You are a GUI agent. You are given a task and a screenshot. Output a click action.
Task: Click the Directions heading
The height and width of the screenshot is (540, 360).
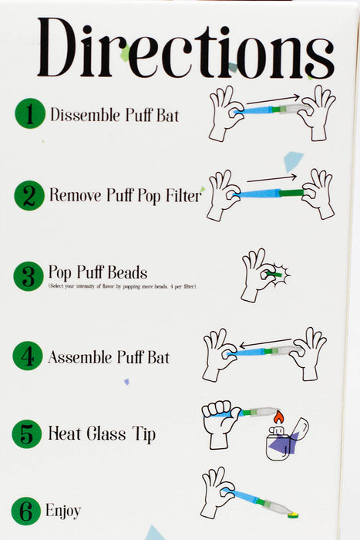click(x=186, y=48)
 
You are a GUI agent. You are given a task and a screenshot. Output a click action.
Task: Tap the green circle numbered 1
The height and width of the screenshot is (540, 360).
click(x=30, y=113)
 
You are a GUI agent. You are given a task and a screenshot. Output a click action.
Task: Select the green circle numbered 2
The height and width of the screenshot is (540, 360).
click(x=29, y=195)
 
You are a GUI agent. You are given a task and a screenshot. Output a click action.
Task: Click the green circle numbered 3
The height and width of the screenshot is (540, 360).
click(x=29, y=276)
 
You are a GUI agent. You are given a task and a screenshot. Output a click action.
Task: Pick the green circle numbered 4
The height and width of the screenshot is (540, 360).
click(x=28, y=356)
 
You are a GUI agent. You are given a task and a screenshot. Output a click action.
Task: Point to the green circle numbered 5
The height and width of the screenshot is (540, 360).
click(x=27, y=434)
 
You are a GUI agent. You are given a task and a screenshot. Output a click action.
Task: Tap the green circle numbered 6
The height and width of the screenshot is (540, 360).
click(x=25, y=511)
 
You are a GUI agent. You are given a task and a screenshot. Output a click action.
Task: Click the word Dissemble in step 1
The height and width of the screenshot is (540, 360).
click(x=86, y=115)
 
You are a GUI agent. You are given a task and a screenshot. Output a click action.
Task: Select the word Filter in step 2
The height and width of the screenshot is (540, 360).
click(x=183, y=195)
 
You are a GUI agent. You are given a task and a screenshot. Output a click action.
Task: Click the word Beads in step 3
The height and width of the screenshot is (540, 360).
click(x=127, y=272)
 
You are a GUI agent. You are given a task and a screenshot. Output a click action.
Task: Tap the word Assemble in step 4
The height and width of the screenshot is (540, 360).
click(x=80, y=357)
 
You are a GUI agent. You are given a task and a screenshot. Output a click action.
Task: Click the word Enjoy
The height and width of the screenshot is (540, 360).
click(x=63, y=511)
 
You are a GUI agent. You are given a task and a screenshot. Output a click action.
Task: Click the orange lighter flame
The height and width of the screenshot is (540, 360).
click(x=279, y=417)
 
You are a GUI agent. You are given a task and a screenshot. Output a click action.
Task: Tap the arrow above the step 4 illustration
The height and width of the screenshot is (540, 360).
click(x=266, y=343)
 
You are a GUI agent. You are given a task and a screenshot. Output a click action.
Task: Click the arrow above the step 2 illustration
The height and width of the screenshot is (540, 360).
click(x=272, y=178)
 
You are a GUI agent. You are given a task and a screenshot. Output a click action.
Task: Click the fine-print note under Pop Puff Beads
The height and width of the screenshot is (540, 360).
click(x=123, y=286)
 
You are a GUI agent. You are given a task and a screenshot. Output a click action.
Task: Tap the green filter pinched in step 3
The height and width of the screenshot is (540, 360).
click(x=274, y=275)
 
